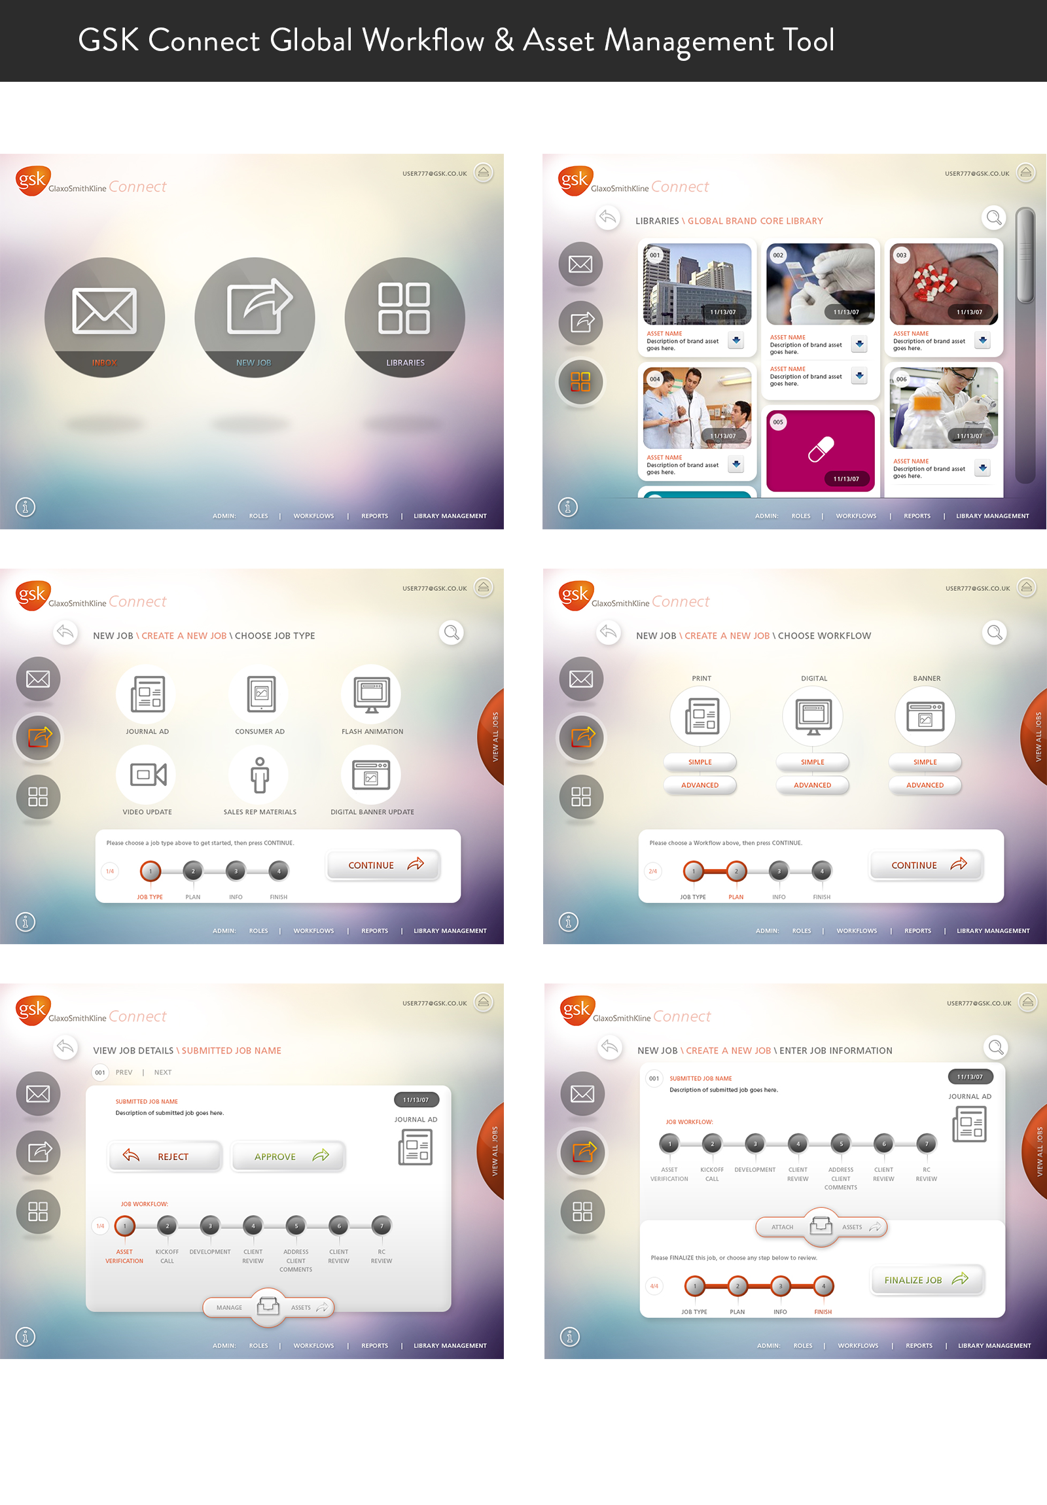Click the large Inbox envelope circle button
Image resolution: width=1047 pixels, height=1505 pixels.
click(104, 317)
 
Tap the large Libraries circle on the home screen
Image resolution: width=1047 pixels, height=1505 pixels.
click(404, 317)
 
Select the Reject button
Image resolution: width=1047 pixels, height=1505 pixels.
click(165, 1156)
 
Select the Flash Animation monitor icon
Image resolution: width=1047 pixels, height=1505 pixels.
click(372, 694)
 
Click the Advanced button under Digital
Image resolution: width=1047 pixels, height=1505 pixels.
click(812, 785)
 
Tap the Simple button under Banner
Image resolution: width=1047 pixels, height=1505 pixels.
click(925, 762)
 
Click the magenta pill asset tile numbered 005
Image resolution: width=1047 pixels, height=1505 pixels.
click(820, 450)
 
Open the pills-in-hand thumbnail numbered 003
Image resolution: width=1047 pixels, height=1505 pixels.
click(943, 284)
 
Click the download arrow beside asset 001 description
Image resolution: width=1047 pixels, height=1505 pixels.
click(736, 340)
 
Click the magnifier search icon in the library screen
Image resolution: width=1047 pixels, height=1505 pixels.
click(994, 218)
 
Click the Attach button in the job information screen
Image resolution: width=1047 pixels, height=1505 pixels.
click(781, 1226)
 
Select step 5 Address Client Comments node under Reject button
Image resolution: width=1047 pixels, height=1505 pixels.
click(296, 1225)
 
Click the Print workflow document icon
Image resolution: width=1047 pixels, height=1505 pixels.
click(701, 715)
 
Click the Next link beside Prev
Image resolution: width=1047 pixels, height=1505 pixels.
click(162, 1072)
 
